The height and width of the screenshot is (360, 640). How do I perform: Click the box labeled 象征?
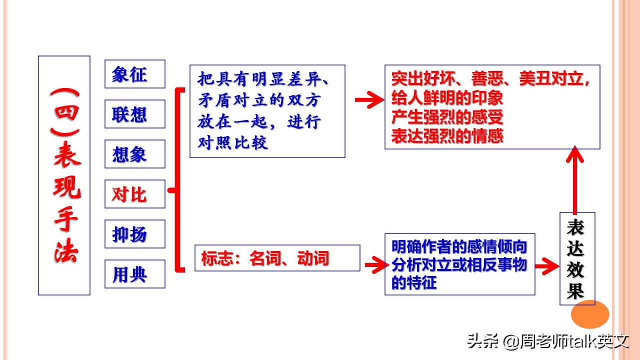pos(135,74)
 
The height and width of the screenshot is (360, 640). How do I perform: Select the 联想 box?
pos(135,114)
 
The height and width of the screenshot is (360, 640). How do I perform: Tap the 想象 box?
pos(135,154)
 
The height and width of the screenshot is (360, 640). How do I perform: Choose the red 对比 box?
pos(135,194)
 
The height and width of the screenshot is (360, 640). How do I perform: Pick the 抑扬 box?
pos(135,234)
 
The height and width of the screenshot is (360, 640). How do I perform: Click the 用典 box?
pos(135,274)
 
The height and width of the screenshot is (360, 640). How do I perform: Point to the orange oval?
pos(589,314)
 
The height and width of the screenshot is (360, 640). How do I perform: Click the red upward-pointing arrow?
pos(574,180)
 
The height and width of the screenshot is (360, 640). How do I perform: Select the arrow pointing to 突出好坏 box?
pos(369,99)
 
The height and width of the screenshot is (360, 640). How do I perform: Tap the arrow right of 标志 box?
pos(377,265)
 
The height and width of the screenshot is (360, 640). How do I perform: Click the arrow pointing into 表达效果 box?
pos(547,266)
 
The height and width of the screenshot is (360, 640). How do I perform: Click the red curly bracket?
pos(177,180)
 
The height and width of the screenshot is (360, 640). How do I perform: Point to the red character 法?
pos(66,252)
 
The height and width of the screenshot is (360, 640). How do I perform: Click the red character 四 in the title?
pos(66,112)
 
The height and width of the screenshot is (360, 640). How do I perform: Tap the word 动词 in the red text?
pos(313,258)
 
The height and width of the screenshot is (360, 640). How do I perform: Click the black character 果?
pos(575,290)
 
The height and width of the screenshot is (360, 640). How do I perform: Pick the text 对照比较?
pos(233,142)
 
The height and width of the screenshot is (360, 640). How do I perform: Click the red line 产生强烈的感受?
pos(447,117)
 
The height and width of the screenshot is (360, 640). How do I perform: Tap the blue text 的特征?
pos(414,283)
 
